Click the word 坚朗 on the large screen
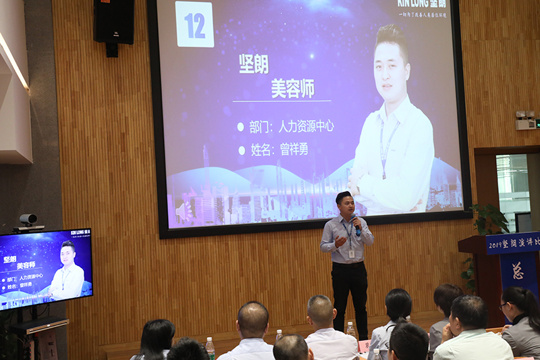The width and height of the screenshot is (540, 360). (254, 64)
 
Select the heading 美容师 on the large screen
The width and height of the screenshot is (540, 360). (293, 88)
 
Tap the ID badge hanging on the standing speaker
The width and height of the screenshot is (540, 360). (352, 253)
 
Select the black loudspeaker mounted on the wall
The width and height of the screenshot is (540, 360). (113, 22)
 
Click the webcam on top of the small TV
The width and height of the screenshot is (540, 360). (28, 220)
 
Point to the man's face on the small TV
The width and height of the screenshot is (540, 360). (68, 255)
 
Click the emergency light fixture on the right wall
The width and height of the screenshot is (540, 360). (524, 120)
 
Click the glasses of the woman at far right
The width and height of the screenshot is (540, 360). (505, 306)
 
